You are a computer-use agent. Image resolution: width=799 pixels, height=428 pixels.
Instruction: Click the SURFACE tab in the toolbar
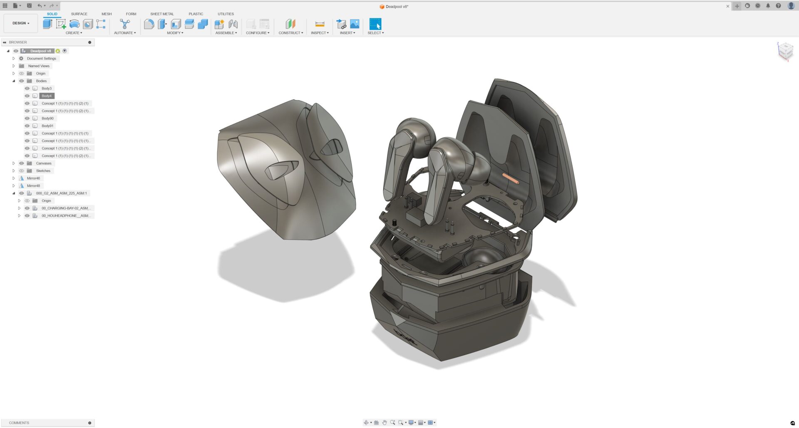click(x=79, y=14)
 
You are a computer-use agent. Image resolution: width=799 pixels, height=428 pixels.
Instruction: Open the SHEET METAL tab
click(x=162, y=14)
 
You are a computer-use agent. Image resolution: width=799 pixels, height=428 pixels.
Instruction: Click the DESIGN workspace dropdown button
click(x=20, y=23)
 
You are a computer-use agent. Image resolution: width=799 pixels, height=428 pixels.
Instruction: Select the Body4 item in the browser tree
click(x=47, y=96)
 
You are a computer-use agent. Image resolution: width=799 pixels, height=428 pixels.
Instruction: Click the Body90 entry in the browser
click(x=47, y=119)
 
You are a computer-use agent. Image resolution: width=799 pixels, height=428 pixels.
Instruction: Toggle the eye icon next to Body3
click(x=27, y=89)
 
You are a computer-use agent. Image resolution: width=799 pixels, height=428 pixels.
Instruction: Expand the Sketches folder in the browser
click(x=14, y=171)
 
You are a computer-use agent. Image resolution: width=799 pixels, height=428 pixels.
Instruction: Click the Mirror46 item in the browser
click(x=33, y=178)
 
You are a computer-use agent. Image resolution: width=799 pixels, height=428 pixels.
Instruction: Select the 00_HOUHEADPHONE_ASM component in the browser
click(x=65, y=216)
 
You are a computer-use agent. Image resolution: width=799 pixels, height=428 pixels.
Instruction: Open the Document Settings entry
click(x=41, y=59)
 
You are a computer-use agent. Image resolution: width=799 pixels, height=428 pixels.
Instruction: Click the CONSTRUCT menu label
click(x=290, y=33)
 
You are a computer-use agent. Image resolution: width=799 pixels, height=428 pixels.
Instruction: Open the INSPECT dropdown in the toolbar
click(x=320, y=33)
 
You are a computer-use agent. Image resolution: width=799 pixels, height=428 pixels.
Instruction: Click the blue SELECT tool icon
click(x=375, y=24)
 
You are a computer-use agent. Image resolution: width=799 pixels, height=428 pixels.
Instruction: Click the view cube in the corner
click(x=785, y=51)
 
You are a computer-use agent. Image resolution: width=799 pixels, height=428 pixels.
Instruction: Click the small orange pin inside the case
click(x=511, y=179)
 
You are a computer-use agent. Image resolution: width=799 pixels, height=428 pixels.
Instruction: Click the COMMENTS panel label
click(x=19, y=423)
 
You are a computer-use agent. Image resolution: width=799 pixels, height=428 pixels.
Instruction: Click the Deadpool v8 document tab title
click(x=396, y=7)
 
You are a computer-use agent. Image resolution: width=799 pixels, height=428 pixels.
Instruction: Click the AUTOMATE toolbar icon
click(x=124, y=24)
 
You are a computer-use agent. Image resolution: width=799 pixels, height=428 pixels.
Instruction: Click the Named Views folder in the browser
click(x=39, y=66)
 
